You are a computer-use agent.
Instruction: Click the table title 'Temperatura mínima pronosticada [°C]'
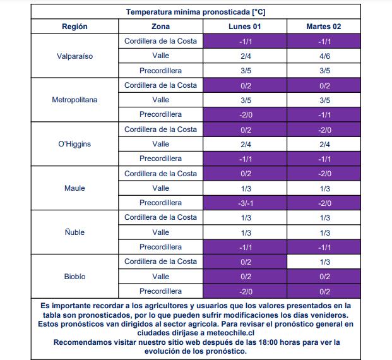(195, 12)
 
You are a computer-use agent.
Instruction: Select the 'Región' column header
(74, 27)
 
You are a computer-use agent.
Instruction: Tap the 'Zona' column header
(161, 27)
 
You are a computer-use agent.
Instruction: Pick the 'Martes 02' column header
(324, 27)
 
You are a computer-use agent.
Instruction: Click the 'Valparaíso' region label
(74, 56)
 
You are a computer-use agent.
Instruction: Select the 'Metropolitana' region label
(74, 100)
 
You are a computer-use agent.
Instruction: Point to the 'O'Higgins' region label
(74, 144)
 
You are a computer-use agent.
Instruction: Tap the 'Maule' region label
(74, 188)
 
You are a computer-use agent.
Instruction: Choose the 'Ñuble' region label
(74, 232)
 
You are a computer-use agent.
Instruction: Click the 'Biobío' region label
(74, 277)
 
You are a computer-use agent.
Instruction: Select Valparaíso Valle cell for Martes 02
(324, 56)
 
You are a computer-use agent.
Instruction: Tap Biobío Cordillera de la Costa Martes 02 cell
(324, 261)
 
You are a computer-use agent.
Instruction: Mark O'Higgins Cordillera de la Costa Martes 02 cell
(324, 129)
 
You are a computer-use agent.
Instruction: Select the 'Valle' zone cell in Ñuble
(161, 232)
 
